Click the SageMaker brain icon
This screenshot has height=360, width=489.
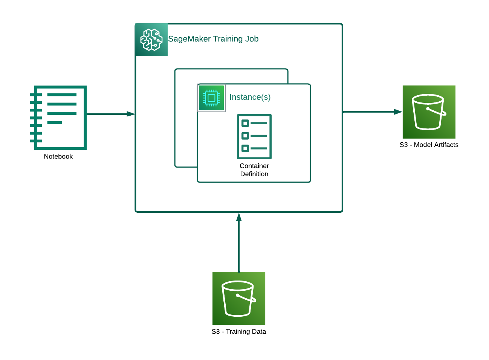pyautogui.click(x=151, y=40)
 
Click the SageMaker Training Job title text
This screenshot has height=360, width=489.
pyautogui.click(x=213, y=39)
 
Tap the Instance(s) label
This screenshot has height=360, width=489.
pyautogui.click(x=250, y=97)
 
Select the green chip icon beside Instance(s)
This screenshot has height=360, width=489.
pyautogui.click(x=211, y=98)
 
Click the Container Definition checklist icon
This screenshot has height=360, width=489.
pyautogui.click(x=254, y=136)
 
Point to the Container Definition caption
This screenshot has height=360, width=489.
pyautogui.click(x=254, y=170)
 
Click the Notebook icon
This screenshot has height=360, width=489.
pyautogui.click(x=59, y=117)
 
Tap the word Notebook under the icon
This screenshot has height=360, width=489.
pyautogui.click(x=58, y=156)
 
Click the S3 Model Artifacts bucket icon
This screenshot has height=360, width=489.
pyautogui.click(x=429, y=112)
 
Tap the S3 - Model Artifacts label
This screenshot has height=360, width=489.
pyautogui.click(x=429, y=145)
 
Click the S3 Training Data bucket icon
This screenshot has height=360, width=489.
pyautogui.click(x=238, y=298)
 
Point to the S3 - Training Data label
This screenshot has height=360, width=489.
pyautogui.click(x=238, y=331)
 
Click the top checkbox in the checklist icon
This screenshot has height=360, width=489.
pyautogui.click(x=245, y=123)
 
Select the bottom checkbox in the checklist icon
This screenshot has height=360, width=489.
pyautogui.click(x=245, y=148)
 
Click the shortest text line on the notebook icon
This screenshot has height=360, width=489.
pyautogui.click(x=54, y=122)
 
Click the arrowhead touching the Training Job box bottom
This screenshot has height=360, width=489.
pyautogui.click(x=238, y=217)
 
